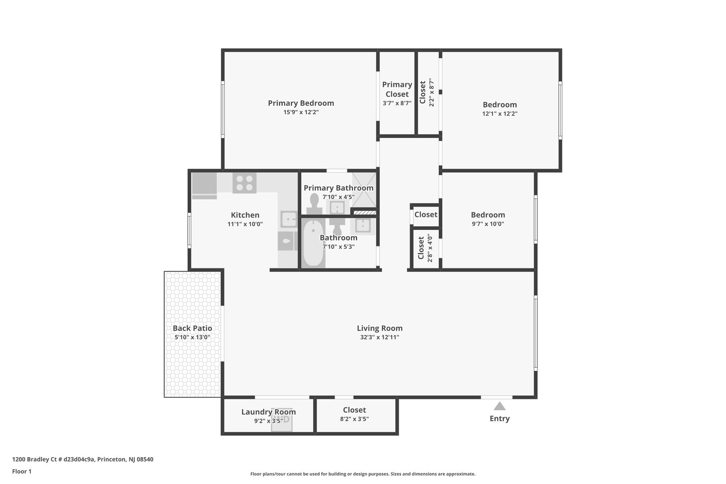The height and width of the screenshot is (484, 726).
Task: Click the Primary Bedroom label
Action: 301,103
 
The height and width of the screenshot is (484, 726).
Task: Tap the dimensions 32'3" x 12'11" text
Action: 379,337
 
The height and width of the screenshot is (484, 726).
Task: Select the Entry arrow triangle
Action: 499,406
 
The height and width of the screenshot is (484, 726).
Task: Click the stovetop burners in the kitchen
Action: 244,183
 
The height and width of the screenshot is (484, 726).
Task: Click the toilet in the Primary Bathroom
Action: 314,203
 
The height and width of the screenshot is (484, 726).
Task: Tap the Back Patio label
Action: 192,328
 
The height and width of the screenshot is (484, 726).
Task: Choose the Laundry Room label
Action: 268,412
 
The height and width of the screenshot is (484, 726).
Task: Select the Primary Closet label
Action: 397,89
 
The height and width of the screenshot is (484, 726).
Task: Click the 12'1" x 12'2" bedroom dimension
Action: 500,114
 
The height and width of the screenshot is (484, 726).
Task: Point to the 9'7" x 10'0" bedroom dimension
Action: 488,224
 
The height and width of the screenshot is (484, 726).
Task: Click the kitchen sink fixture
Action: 289,220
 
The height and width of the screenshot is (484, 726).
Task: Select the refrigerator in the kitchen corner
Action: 204,185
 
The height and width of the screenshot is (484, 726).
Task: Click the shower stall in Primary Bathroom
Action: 363,190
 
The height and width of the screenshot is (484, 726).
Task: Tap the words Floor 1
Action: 22,471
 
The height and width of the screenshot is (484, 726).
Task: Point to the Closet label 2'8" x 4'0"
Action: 424,248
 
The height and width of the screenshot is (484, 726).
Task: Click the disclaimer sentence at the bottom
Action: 363,474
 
